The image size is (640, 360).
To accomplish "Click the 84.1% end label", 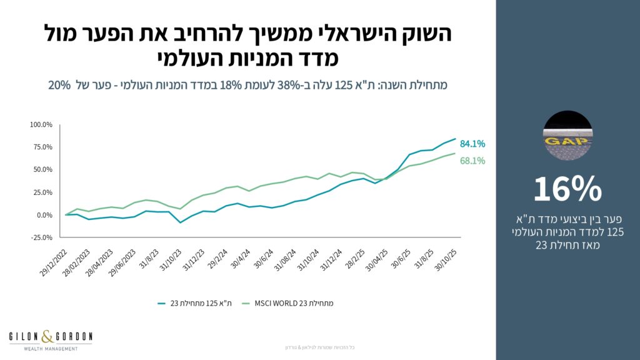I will (x=472, y=144).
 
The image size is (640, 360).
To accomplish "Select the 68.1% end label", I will (x=472, y=161).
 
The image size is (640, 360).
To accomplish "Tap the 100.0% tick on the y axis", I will (x=41, y=124).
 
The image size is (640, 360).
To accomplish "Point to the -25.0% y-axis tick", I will (x=41, y=237).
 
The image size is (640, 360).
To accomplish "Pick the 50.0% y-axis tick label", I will (x=42, y=169).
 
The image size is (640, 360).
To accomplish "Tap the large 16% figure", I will (x=567, y=189).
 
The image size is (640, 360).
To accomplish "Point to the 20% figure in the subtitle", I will (x=59, y=84).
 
